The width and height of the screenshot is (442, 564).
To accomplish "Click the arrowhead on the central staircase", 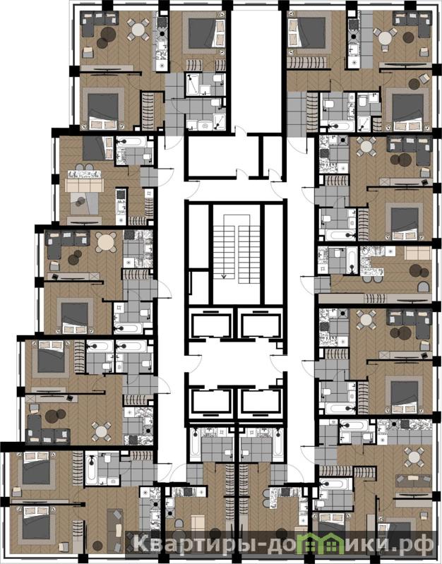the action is (224, 276).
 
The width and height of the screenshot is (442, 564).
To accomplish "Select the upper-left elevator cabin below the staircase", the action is (211, 325).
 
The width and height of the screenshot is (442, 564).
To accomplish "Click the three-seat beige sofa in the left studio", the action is (84, 185).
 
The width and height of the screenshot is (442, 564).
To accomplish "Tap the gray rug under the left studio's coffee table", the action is (84, 204).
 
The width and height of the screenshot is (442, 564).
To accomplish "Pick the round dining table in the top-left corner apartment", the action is (138, 29).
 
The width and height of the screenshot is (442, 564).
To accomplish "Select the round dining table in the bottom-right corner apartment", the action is (414, 457).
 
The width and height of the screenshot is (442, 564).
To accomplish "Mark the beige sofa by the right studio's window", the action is (417, 253).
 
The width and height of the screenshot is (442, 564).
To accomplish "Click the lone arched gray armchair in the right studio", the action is (423, 287).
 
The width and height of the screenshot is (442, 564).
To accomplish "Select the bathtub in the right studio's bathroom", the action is (352, 260).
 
